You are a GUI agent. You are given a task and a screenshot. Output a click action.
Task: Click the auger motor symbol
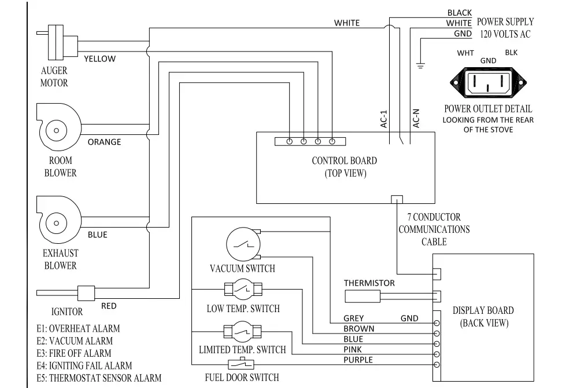coord(57,42)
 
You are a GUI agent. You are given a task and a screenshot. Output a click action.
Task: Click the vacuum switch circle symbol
coord(243,244)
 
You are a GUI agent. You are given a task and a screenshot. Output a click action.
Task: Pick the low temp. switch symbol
coord(243,290)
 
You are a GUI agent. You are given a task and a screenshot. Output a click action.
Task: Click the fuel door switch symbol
coord(241,365)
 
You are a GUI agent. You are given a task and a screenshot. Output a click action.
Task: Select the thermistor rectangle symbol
coord(363,297)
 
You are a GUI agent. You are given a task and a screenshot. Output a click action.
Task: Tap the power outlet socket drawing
coord(488,83)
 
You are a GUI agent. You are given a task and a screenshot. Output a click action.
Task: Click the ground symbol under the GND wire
coord(420,65)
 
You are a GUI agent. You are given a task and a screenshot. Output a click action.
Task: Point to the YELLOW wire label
coord(99,59)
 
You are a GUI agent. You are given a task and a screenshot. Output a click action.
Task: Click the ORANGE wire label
coord(104,142)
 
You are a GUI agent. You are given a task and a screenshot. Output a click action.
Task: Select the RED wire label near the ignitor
coord(109,306)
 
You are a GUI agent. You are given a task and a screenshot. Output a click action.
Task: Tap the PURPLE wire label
coord(358,360)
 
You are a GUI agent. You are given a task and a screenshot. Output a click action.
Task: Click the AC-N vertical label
coord(416,119)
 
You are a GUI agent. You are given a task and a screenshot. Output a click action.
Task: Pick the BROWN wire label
coord(359,329)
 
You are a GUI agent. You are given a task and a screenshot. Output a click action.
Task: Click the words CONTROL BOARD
coord(345,161)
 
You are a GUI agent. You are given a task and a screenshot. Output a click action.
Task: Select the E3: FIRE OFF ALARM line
coord(74,353)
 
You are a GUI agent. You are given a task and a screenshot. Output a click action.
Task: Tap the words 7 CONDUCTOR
coord(434,217)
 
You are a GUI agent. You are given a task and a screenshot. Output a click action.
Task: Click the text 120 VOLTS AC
coord(505,35)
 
